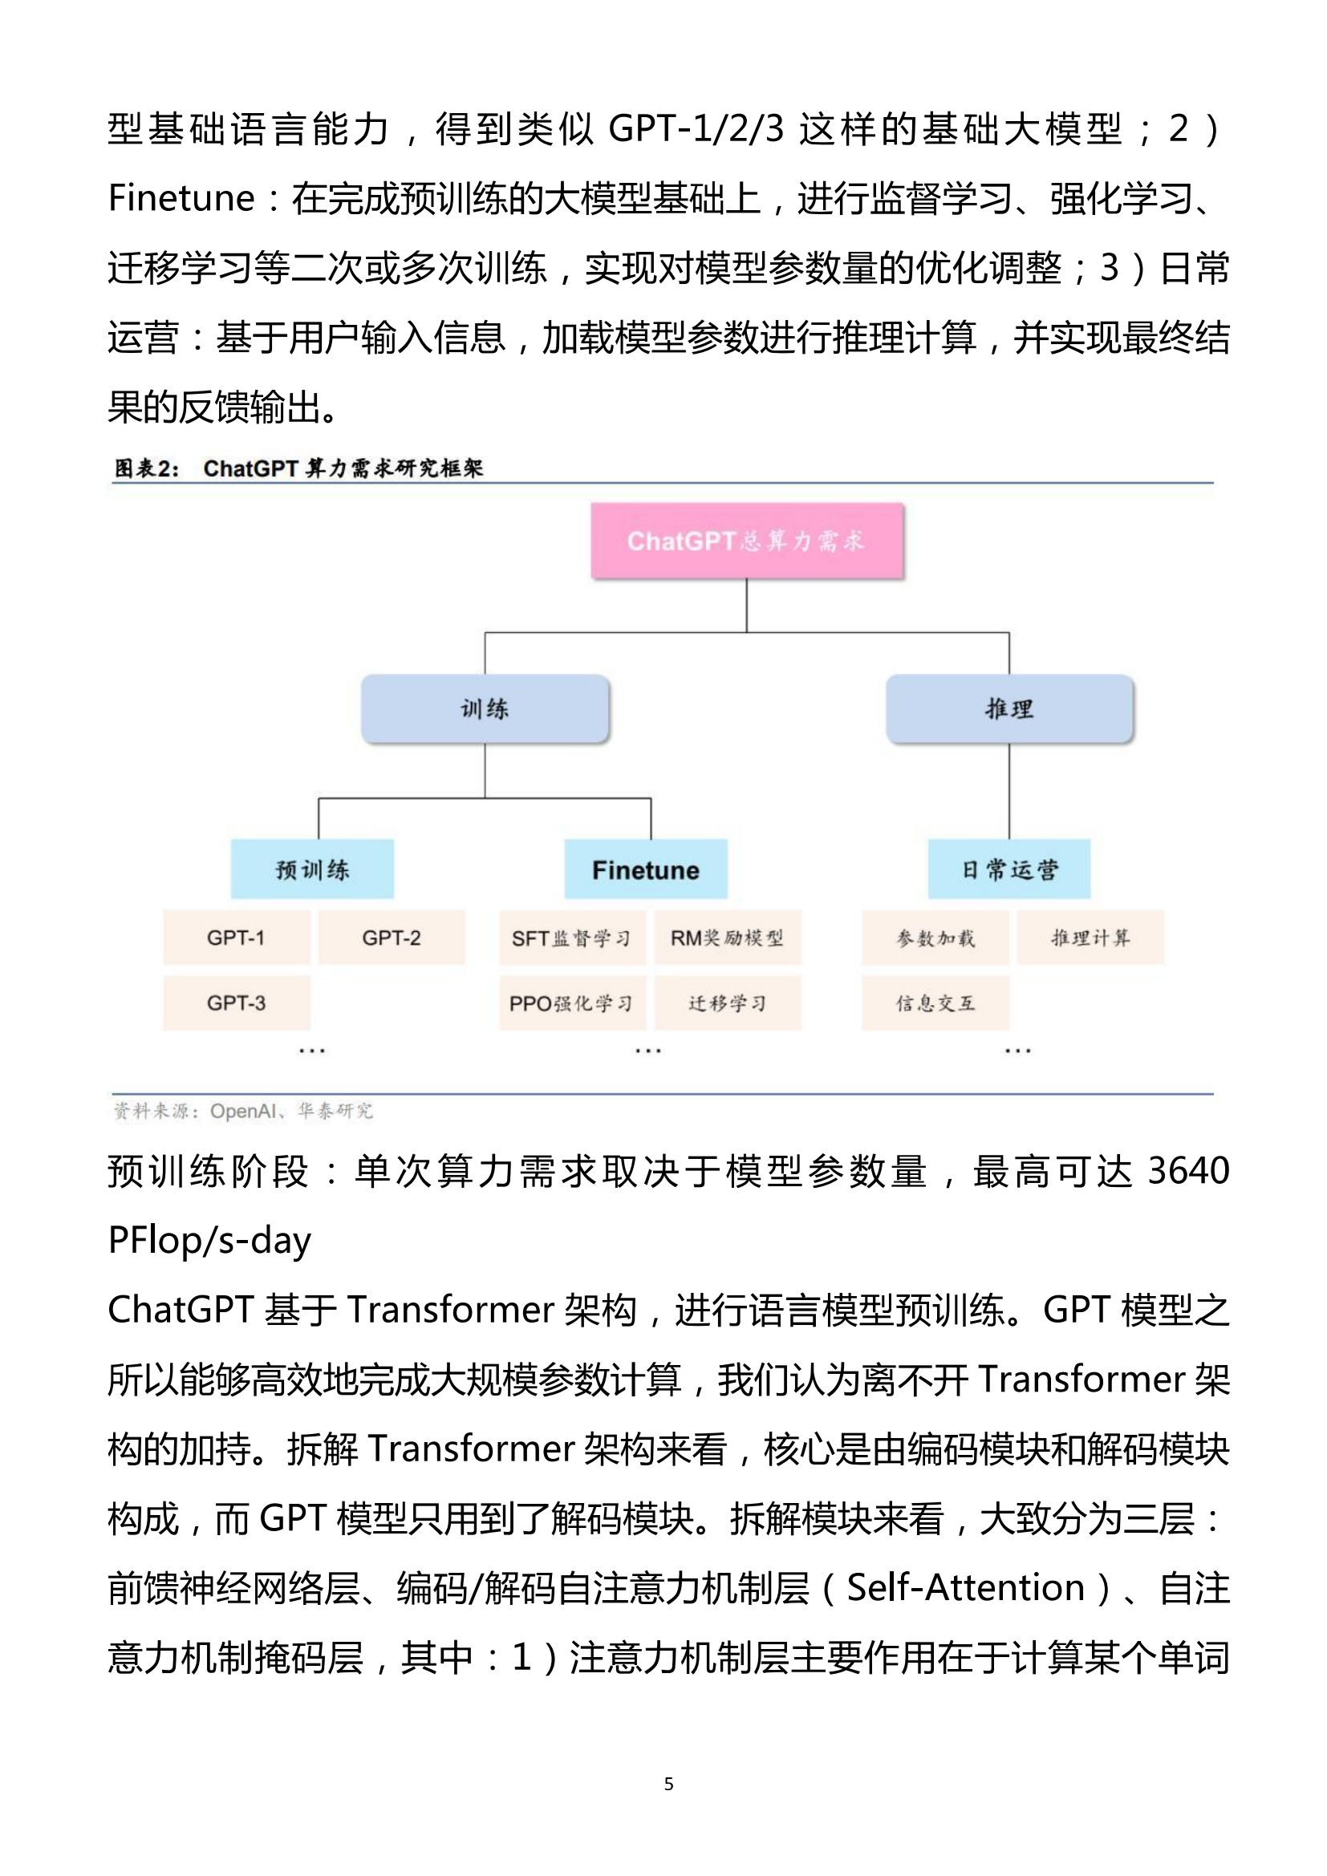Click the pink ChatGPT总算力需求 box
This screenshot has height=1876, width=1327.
pos(747,541)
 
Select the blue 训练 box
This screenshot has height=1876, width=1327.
pos(485,708)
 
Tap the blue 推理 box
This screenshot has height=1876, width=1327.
pos(1010,708)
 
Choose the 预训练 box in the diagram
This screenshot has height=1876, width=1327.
pos(312,869)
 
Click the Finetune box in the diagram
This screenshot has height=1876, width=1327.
pos(646,869)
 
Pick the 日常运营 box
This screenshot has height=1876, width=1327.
pos(1009,869)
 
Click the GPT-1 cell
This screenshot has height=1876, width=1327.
pos(236,937)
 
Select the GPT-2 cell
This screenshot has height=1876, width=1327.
pos(392,937)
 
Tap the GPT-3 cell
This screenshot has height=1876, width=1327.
pos(236,1003)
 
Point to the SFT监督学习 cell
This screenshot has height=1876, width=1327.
pos(573,937)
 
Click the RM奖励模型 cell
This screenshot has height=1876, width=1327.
pos(728,937)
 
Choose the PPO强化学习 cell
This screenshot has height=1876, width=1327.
pos(573,1003)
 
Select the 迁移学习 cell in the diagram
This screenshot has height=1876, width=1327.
pos(728,1003)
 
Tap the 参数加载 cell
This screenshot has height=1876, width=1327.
pos(935,937)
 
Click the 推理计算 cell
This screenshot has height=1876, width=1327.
pos(1091,937)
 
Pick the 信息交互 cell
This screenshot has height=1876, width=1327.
pos(935,1003)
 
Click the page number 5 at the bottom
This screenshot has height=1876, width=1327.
pos(669,1784)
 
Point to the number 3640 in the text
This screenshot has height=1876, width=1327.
pos(1189,1171)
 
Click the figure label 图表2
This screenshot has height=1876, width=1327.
pos(146,468)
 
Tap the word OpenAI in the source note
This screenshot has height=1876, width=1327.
pos(242,1111)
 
